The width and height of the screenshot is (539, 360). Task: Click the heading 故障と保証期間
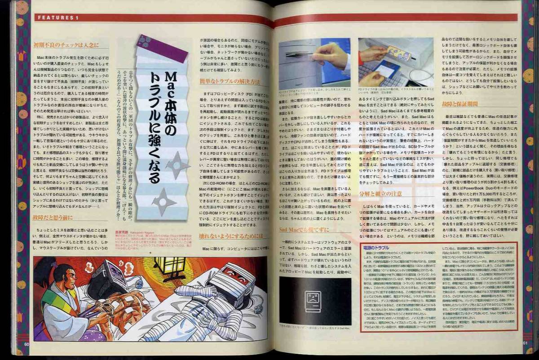(x=459, y=104)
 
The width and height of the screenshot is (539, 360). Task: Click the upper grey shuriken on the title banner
(x=178, y=164)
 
